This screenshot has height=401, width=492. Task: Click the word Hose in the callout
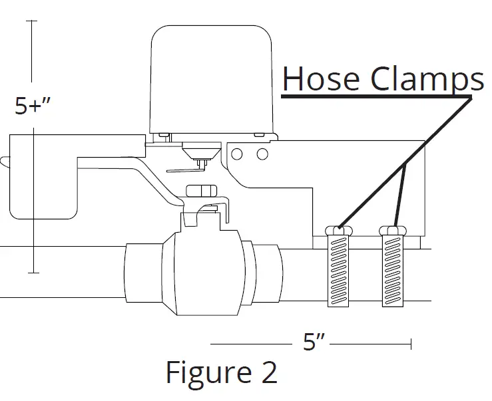321,79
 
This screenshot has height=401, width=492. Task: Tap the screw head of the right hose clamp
392,230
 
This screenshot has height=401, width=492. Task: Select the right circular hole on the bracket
262,154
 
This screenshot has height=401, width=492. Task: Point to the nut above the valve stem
202,192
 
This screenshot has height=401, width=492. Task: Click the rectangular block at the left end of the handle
41,176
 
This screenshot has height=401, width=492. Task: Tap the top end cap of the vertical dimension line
32,22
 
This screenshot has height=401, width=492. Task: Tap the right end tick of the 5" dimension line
411,343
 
